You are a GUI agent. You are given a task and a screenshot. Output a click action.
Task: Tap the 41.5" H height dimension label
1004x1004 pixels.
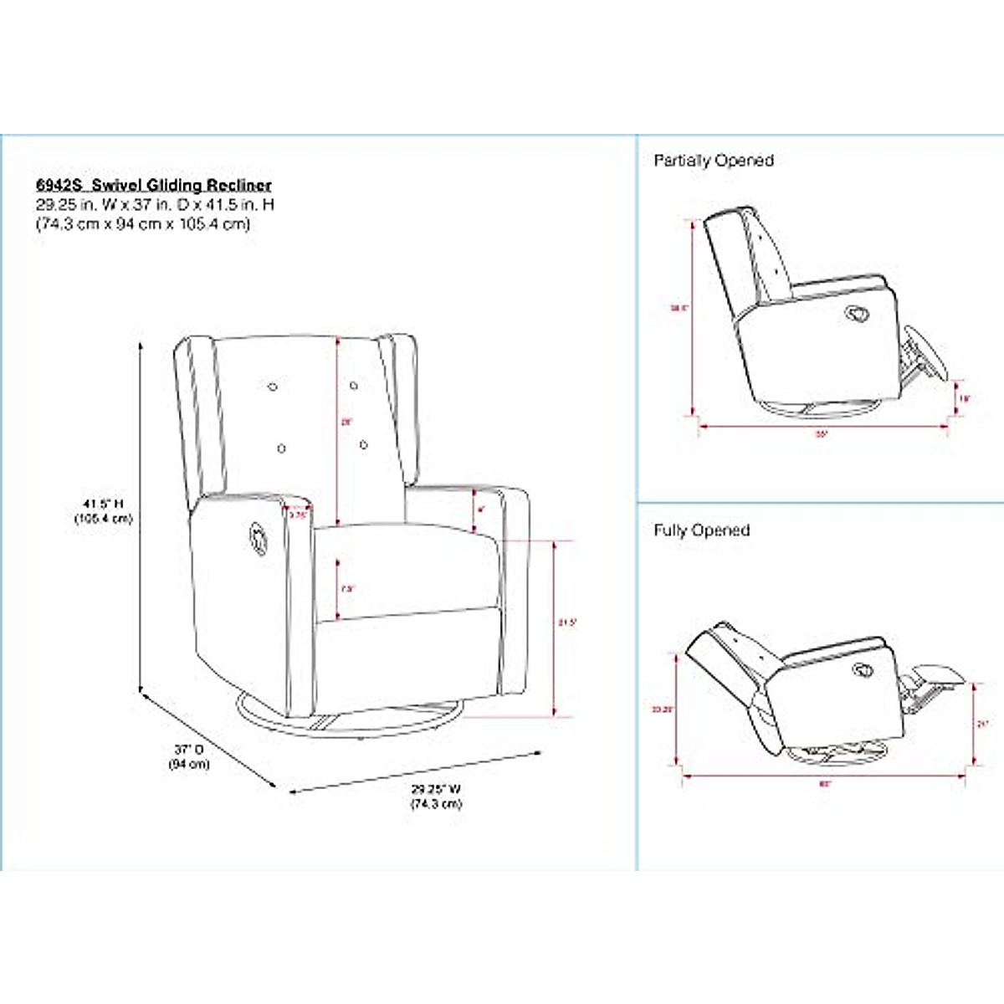click(x=103, y=504)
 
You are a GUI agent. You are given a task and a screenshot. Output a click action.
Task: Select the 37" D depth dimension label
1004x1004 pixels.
click(x=189, y=749)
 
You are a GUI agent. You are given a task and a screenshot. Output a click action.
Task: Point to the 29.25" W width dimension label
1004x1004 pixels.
click(x=436, y=789)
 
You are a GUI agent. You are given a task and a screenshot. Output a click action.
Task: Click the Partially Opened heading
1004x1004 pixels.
click(x=714, y=161)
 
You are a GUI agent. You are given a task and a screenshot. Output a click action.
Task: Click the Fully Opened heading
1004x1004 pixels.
click(x=701, y=530)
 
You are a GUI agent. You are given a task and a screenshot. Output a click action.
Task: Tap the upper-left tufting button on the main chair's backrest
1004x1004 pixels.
click(x=272, y=387)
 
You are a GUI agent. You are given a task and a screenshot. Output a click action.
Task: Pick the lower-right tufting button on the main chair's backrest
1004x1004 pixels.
click(x=365, y=444)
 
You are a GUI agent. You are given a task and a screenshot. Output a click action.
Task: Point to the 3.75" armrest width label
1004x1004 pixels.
click(x=298, y=515)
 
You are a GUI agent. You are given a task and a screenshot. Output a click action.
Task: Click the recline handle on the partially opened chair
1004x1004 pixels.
click(x=857, y=314)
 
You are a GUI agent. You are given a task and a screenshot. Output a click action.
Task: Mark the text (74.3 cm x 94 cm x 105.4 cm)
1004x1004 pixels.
click(x=142, y=224)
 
